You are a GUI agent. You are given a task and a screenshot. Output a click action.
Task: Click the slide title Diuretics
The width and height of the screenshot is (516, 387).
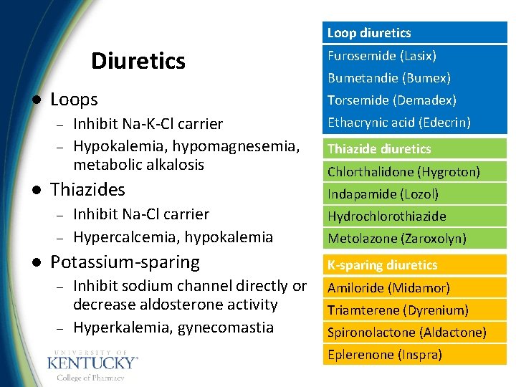(x=138, y=61)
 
